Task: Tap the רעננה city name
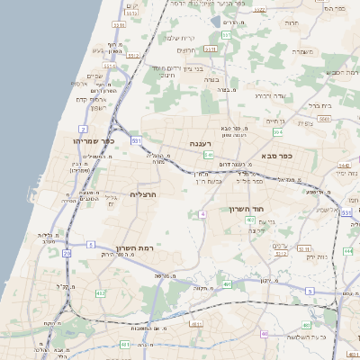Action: click(200, 144)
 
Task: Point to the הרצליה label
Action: click(143, 194)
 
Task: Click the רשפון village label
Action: click(97, 108)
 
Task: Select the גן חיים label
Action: click(275, 121)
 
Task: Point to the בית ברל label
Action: click(319, 105)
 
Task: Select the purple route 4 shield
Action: click(203, 213)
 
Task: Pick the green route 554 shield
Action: click(278, 132)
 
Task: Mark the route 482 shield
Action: click(100, 293)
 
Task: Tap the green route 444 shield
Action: click(347, 252)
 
